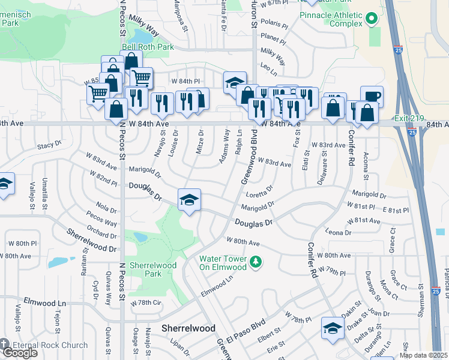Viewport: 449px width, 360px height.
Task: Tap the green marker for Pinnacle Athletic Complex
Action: coord(372,19)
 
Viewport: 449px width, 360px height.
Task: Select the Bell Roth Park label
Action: coord(148,46)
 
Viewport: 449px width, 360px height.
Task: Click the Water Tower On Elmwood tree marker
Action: coord(256,261)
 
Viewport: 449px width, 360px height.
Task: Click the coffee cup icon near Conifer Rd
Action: coord(372,97)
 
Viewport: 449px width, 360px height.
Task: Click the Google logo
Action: coord(19,353)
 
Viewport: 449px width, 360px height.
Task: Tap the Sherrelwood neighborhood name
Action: coord(185,328)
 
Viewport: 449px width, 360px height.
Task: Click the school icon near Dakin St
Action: coord(331,328)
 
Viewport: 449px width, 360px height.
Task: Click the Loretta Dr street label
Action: coord(260,191)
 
